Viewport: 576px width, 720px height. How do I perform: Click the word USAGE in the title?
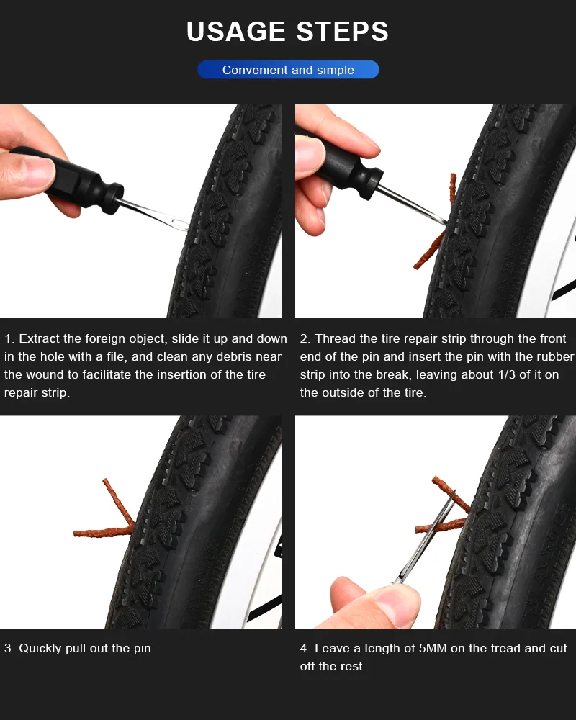(235, 32)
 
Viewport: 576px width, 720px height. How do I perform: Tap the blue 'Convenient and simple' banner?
(288, 70)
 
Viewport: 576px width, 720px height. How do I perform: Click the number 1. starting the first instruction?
(9, 338)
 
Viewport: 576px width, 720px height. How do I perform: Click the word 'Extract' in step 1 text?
(40, 338)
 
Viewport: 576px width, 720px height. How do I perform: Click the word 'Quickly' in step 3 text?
(40, 648)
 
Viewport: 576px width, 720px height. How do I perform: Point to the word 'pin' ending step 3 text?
(141, 648)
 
